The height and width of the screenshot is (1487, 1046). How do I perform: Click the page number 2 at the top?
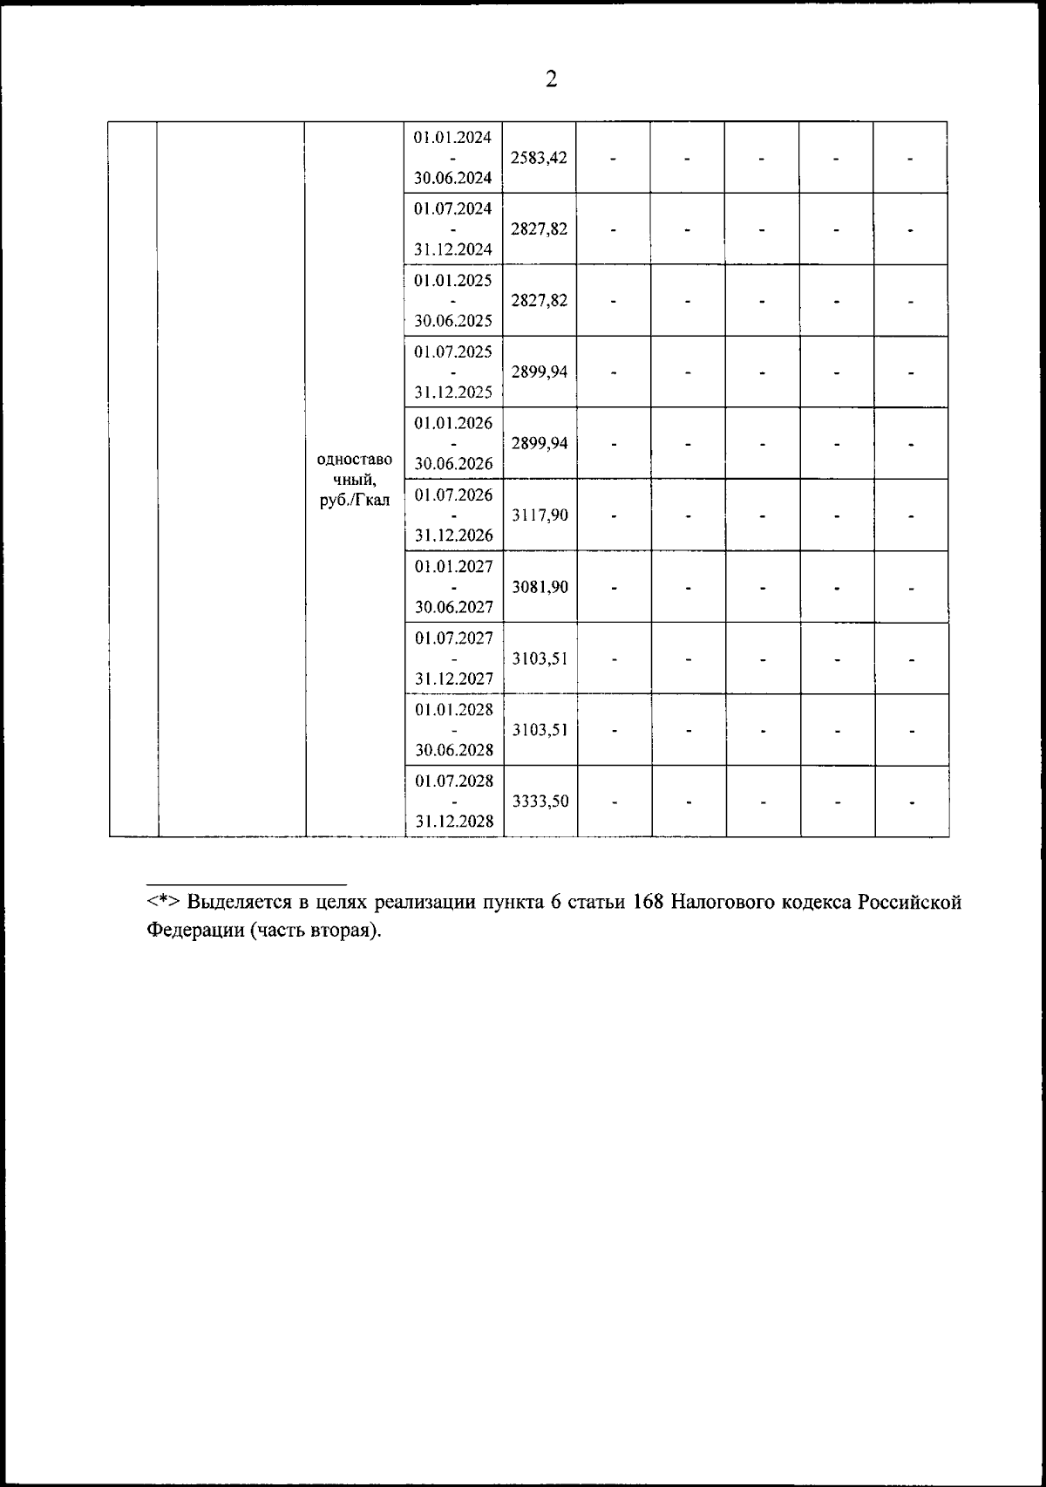click(550, 79)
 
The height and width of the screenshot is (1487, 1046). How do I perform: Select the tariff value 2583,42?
click(540, 158)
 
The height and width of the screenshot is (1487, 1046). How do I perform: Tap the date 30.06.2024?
click(453, 178)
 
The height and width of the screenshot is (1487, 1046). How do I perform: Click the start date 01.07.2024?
click(453, 208)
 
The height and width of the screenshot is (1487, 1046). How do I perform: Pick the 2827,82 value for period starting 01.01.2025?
click(540, 301)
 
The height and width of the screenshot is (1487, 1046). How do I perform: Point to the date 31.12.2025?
click(453, 392)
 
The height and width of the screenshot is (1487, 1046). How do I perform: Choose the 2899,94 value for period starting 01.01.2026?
click(540, 443)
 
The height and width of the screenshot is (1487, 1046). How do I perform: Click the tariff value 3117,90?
click(540, 515)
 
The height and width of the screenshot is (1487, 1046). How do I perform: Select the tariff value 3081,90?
click(540, 587)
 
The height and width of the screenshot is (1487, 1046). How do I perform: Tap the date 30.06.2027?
click(453, 607)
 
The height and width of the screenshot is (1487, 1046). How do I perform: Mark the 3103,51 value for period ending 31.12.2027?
click(540, 658)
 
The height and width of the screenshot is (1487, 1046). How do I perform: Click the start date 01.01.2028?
click(453, 709)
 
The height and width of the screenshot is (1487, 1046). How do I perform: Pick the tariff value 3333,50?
click(540, 801)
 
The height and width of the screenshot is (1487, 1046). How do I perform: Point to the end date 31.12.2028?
click(453, 822)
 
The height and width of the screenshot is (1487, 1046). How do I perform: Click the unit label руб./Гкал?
click(355, 500)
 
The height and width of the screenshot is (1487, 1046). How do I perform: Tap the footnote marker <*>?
click(163, 902)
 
